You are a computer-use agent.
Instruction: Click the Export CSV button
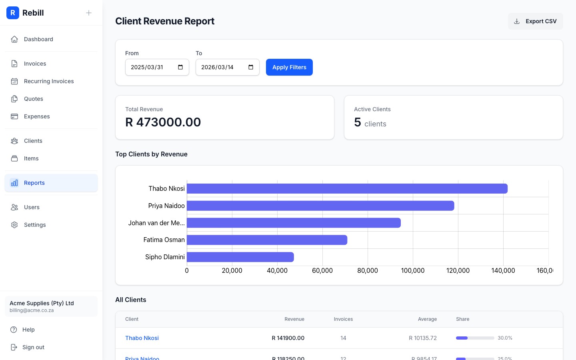(535, 21)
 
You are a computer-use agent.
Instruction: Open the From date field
(152, 67)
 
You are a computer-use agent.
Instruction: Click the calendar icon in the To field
(251, 67)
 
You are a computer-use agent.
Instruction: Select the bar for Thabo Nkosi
(347, 188)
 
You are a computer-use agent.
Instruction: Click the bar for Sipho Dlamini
(240, 257)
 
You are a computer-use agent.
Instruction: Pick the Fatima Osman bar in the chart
(267, 240)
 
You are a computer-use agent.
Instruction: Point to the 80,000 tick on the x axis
(367, 271)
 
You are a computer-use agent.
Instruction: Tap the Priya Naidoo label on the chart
(166, 206)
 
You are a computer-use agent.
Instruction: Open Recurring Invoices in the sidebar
(49, 81)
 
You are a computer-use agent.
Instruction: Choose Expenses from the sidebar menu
(37, 116)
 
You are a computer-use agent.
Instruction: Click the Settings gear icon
(14, 225)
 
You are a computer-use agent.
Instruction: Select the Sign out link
(33, 347)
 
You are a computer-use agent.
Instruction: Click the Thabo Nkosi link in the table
(142, 338)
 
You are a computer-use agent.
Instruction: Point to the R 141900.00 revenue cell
(288, 338)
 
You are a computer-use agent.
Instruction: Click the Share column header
(462, 319)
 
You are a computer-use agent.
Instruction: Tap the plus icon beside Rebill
(89, 13)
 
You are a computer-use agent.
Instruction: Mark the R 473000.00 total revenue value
(163, 122)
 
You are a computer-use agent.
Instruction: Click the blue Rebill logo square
(13, 13)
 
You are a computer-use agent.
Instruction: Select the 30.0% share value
(505, 338)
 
